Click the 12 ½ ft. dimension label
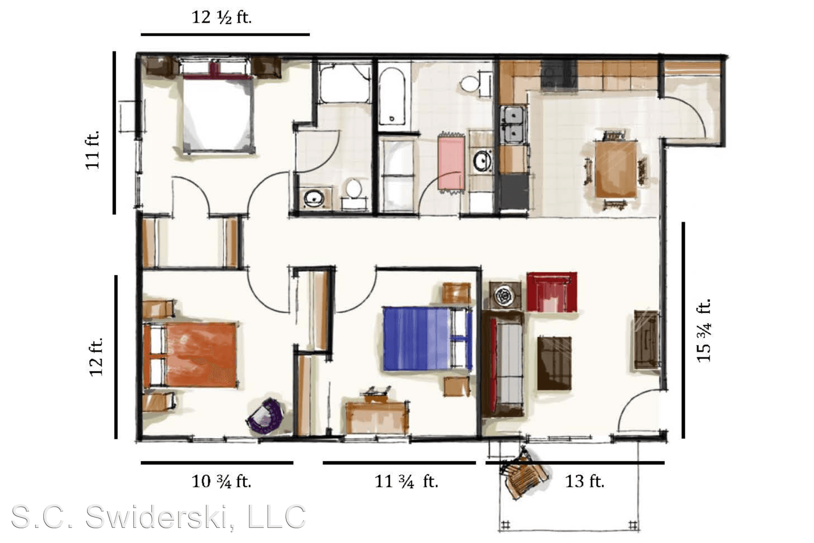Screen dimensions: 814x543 pyautogui.click(x=221, y=17)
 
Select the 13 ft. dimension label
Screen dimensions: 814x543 pyautogui.click(x=585, y=481)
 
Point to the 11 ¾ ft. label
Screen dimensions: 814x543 pyautogui.click(x=406, y=481)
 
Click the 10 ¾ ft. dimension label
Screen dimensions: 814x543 pyautogui.click(x=221, y=481)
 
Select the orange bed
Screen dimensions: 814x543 pyautogui.click(x=190, y=355)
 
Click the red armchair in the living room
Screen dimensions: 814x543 pyautogui.click(x=551, y=292)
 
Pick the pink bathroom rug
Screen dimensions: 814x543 pyautogui.click(x=451, y=162)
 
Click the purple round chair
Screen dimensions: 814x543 pyautogui.click(x=266, y=416)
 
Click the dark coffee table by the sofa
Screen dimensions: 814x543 pyautogui.click(x=554, y=363)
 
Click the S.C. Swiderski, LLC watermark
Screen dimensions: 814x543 pyautogui.click(x=159, y=517)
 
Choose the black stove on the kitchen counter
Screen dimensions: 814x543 pyautogui.click(x=559, y=75)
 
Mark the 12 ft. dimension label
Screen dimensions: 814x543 pyautogui.click(x=96, y=357)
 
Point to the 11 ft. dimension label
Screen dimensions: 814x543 pyautogui.click(x=93, y=150)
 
